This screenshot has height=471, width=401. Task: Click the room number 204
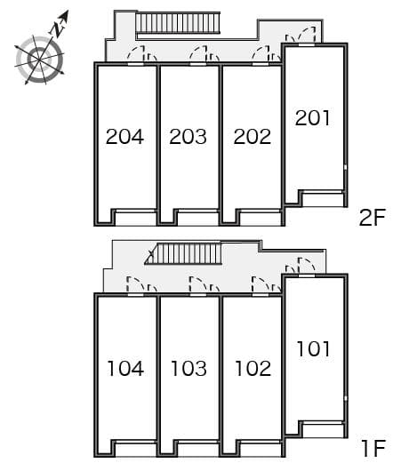124,137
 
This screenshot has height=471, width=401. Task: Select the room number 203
188,137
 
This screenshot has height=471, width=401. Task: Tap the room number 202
252,137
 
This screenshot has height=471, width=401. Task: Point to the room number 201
313,117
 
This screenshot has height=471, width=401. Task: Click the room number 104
124,368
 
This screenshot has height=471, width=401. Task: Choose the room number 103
188,368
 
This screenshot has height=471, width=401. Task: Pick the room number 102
252,368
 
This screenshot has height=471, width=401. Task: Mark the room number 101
313,348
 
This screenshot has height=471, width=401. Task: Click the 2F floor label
374,216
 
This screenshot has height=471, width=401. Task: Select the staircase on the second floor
178,24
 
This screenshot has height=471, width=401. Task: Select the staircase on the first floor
185,255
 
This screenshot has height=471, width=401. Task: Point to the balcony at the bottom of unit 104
135,448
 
